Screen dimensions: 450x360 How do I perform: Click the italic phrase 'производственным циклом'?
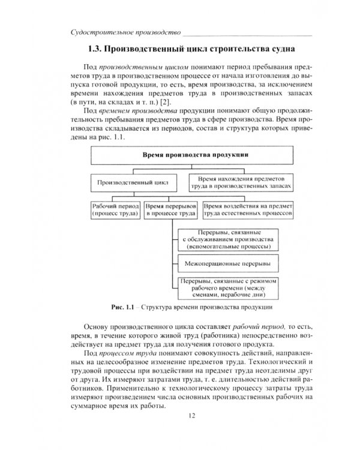pyautogui.click(x=133, y=68)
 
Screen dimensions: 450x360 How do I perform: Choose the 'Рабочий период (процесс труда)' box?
pyautogui.click(x=115, y=208)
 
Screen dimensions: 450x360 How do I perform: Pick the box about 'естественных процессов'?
pyautogui.click(x=247, y=208)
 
